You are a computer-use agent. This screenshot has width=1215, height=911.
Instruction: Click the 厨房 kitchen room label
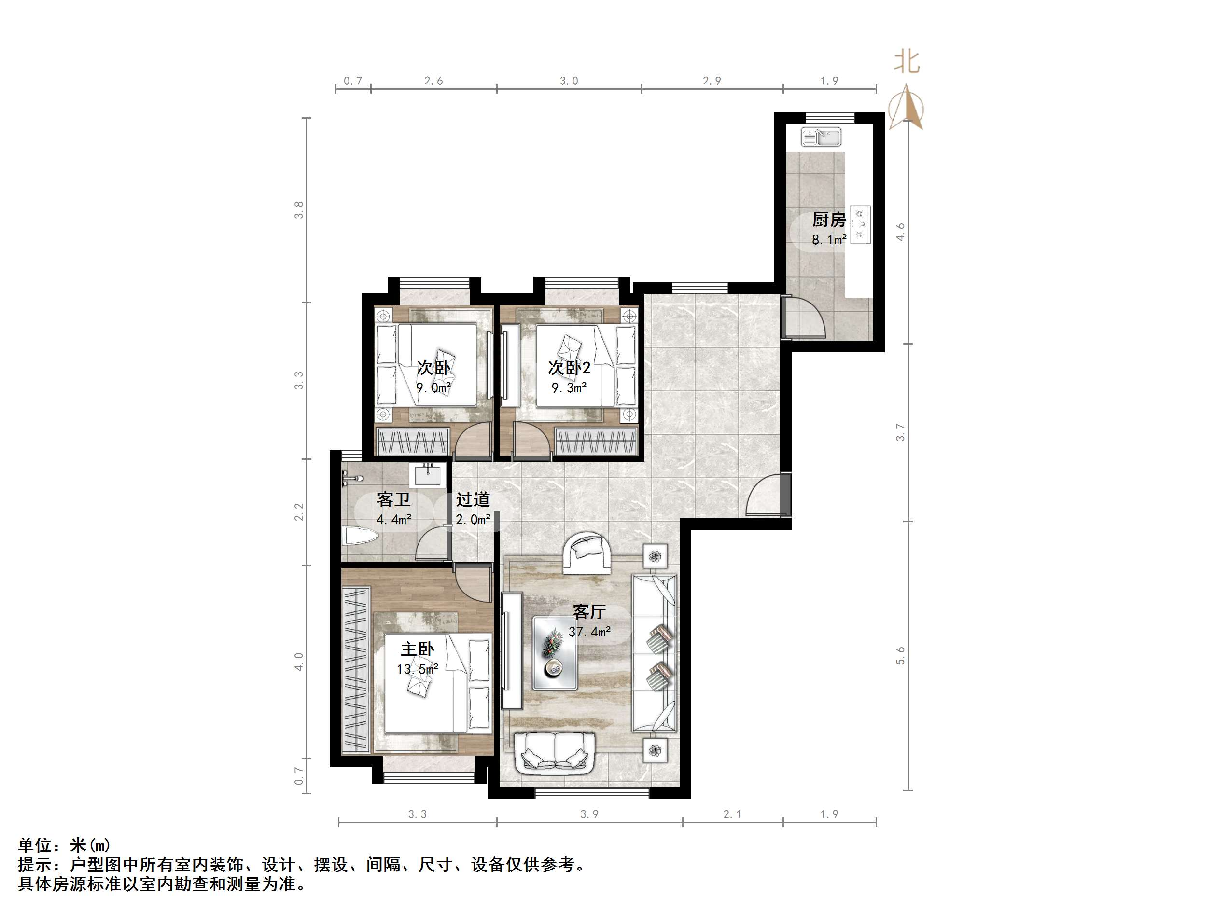828,220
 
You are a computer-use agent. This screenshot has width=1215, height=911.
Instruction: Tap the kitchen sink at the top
821,137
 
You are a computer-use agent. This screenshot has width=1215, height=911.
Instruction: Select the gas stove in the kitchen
861,224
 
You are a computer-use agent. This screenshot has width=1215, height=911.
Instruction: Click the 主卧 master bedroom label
418,649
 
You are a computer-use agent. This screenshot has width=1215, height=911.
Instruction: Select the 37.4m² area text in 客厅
589,632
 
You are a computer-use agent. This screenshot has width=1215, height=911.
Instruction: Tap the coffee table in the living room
554,653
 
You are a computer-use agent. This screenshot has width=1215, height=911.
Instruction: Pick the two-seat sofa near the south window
554,753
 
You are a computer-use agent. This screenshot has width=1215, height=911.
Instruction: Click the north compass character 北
907,61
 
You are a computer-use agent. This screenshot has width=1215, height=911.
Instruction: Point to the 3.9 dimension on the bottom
589,814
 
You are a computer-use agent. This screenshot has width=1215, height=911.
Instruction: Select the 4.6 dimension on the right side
900,232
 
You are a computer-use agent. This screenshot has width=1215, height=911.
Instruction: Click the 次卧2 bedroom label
569,367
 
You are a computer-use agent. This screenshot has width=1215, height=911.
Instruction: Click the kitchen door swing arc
804,318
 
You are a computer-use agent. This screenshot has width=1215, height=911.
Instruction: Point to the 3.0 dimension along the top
569,81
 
